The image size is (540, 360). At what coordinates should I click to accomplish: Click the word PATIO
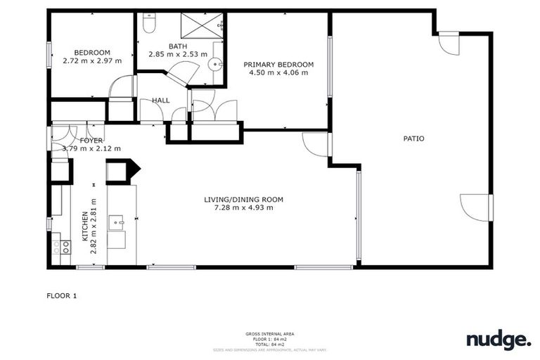[413, 139]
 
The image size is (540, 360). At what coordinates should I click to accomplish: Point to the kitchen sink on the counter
[117, 224]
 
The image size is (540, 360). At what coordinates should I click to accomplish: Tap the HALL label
[161, 101]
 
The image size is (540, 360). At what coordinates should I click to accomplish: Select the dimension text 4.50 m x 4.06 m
[278, 73]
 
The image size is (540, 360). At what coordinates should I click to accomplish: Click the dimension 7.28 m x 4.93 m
[244, 207]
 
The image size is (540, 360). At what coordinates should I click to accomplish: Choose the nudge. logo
[499, 340]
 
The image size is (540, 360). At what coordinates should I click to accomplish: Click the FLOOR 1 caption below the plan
[61, 296]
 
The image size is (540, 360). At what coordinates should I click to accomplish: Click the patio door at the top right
[448, 44]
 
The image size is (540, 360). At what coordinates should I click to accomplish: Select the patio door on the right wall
[475, 206]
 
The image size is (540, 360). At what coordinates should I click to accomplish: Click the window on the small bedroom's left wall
[49, 56]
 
